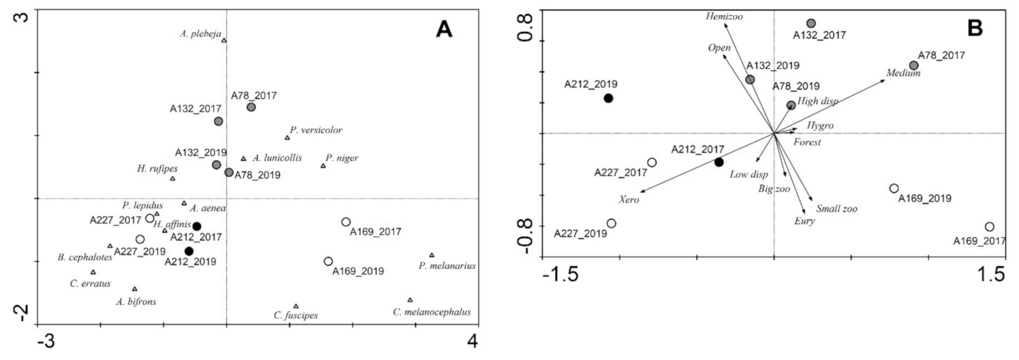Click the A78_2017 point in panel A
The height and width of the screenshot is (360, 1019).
pyautogui.click(x=251, y=107)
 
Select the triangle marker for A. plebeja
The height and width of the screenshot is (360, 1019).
pyautogui.click(x=224, y=40)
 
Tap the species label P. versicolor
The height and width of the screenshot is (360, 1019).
pyautogui.click(x=316, y=130)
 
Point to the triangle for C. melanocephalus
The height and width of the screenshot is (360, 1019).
pyautogui.click(x=410, y=300)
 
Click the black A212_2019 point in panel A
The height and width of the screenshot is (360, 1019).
pyautogui.click(x=189, y=251)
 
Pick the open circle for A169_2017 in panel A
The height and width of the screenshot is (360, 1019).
pyautogui.click(x=346, y=222)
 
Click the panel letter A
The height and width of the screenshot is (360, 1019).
pyautogui.click(x=444, y=30)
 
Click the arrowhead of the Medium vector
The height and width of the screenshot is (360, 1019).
pyautogui.click(x=884, y=80)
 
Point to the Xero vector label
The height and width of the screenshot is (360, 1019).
pyautogui.click(x=629, y=200)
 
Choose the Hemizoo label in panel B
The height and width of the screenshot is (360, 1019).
pyautogui.click(x=724, y=17)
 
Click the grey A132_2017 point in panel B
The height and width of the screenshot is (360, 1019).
pyautogui.click(x=811, y=24)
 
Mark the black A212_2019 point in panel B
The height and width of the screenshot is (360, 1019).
pyautogui.click(x=608, y=98)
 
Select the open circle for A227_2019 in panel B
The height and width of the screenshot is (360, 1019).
pyautogui.click(x=611, y=224)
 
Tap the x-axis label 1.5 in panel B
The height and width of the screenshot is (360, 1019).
pyautogui.click(x=992, y=274)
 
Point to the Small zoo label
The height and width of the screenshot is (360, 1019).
pyautogui.click(x=836, y=209)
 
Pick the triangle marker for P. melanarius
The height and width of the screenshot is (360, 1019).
pyautogui.click(x=432, y=255)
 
